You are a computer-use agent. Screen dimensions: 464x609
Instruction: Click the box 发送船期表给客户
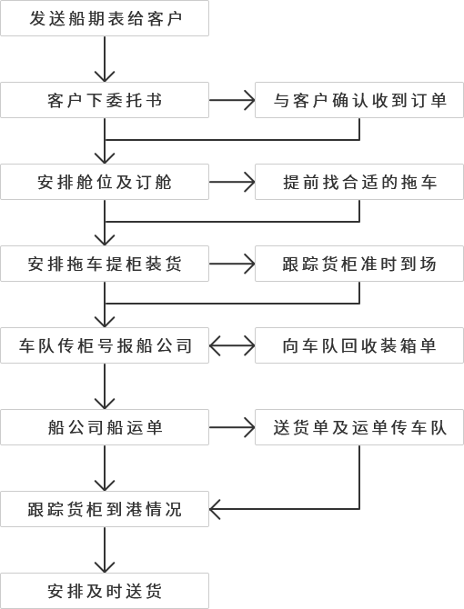point(105,18)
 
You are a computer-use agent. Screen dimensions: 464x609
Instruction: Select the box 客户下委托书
point(105,100)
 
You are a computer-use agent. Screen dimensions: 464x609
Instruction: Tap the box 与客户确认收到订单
point(359,100)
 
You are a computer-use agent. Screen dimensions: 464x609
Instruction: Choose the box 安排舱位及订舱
point(105,182)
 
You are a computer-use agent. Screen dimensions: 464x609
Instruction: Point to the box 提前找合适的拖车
point(359,182)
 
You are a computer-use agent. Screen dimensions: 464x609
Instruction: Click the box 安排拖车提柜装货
point(105,264)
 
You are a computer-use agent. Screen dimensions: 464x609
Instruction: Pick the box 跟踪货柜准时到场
point(359,264)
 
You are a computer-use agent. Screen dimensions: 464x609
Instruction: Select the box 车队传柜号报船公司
point(105,345)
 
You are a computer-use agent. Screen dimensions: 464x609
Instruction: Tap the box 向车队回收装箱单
point(359,345)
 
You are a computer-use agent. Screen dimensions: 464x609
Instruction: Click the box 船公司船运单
point(105,427)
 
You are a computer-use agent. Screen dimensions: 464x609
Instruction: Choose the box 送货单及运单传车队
point(359,427)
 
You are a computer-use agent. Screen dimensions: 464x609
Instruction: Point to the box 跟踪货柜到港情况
point(105,509)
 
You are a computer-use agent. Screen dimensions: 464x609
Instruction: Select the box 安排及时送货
point(105,591)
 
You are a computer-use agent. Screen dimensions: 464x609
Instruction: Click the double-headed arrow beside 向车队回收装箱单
point(232,345)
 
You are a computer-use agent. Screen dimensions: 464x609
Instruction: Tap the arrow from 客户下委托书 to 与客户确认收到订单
point(232,100)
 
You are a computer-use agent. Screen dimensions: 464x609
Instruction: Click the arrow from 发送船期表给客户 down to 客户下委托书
point(105,59)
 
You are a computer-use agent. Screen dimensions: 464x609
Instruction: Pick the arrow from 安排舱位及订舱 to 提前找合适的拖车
point(232,182)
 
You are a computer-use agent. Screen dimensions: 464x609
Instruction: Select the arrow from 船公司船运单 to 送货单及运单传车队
point(232,427)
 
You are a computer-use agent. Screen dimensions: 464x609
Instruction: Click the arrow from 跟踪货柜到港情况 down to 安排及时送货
point(105,550)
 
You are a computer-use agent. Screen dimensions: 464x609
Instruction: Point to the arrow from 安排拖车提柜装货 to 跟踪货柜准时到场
point(232,264)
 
